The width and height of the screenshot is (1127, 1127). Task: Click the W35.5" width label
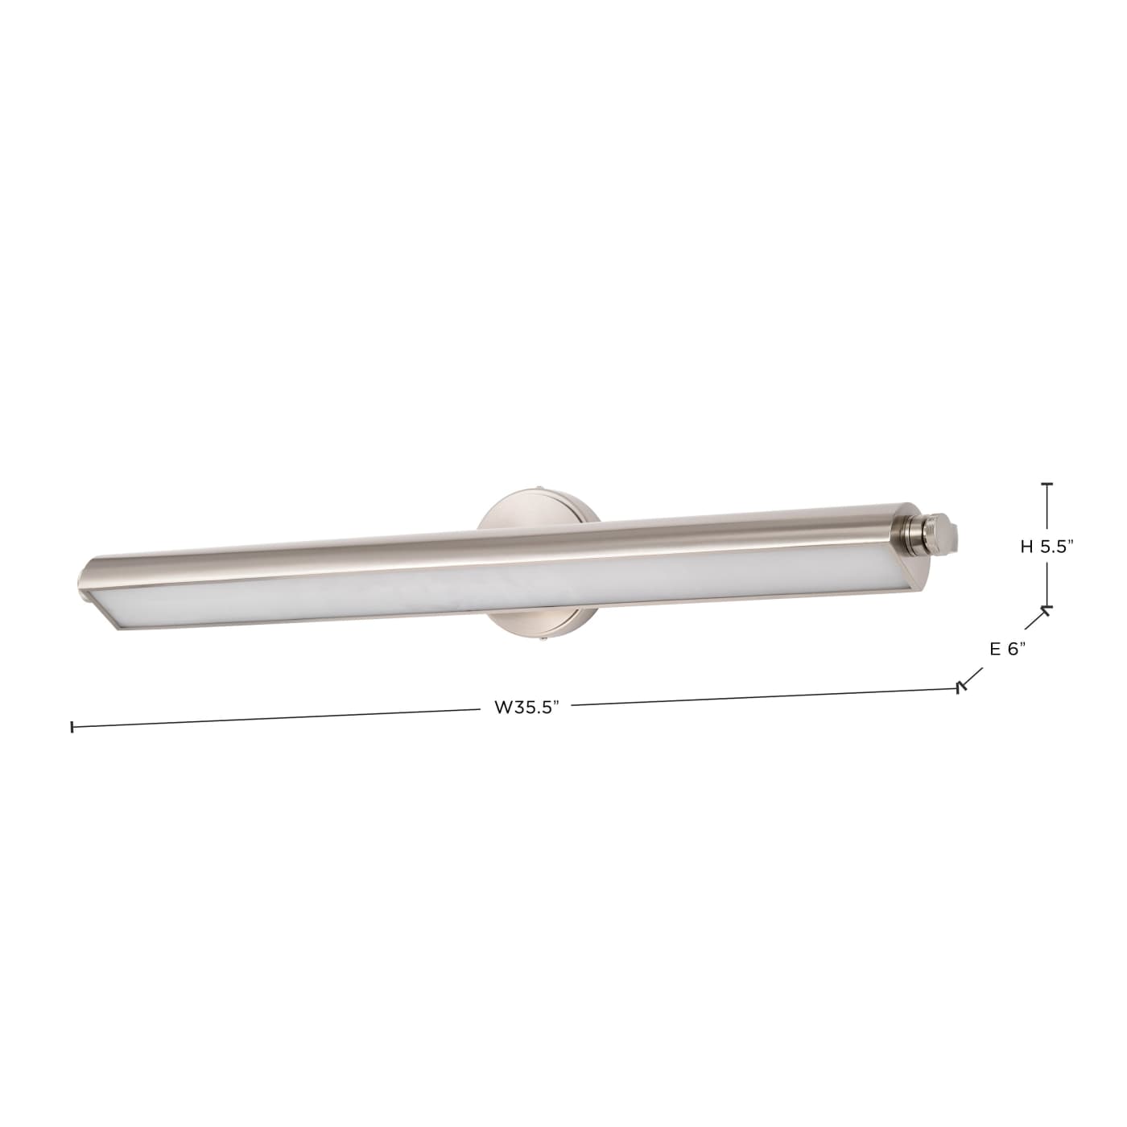(526, 708)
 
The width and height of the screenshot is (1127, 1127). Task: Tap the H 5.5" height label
(1047, 546)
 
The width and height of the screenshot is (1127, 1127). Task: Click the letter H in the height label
(1026, 546)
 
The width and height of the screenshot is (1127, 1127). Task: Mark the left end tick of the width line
(72, 727)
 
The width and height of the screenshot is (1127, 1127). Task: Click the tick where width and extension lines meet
(960, 687)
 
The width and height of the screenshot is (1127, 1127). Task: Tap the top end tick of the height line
(1046, 485)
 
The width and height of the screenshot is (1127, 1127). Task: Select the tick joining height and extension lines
(1046, 609)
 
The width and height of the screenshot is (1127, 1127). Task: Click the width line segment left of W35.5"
(274, 719)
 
